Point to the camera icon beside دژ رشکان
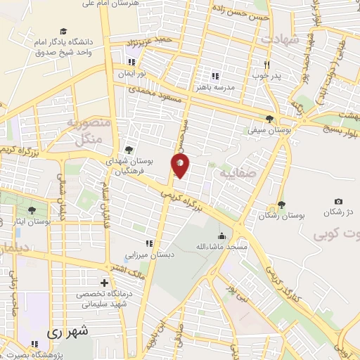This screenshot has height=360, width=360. (339, 202)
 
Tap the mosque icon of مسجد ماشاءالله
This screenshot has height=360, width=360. (222, 236)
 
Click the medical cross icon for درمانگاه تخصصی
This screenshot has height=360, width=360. (105, 283)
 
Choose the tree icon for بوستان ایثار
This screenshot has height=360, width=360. (31, 210)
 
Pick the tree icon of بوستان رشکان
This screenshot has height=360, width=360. (281, 205)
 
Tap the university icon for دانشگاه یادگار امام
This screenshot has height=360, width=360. (64, 32)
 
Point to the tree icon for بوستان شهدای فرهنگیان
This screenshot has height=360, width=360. (129, 149)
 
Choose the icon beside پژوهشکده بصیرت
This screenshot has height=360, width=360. (34, 345)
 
